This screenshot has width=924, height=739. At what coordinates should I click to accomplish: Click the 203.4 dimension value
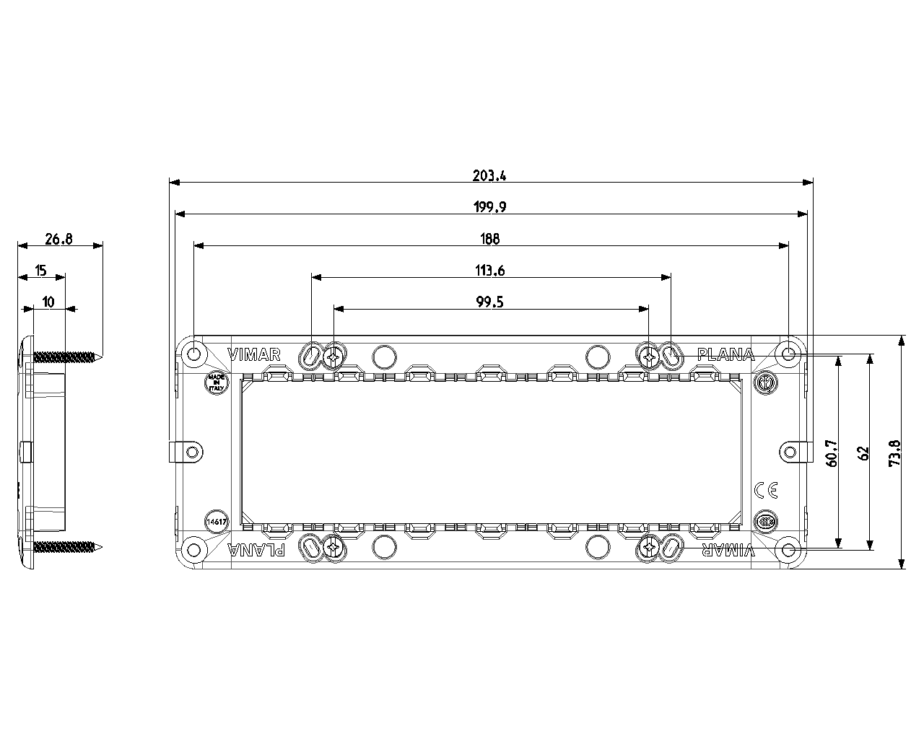point(490,175)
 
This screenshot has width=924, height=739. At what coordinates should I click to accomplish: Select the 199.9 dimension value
point(490,207)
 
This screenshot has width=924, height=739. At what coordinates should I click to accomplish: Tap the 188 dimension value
point(490,239)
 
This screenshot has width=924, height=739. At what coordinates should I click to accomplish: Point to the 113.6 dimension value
point(490,271)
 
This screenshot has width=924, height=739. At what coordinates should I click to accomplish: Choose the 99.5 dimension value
point(490,302)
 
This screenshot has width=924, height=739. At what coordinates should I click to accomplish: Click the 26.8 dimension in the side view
point(58,239)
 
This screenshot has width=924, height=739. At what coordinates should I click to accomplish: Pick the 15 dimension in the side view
point(40,271)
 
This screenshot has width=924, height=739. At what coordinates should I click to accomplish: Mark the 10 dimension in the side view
point(48,302)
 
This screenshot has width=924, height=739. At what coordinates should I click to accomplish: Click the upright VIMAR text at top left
point(253,354)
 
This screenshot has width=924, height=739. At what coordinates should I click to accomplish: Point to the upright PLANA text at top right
point(725,354)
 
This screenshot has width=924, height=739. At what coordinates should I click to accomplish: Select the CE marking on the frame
point(765,490)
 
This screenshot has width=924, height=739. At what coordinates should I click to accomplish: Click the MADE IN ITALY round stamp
point(216,382)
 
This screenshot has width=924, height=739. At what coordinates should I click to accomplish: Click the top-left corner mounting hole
point(193,354)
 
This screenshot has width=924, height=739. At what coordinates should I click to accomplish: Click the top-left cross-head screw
point(334,355)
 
